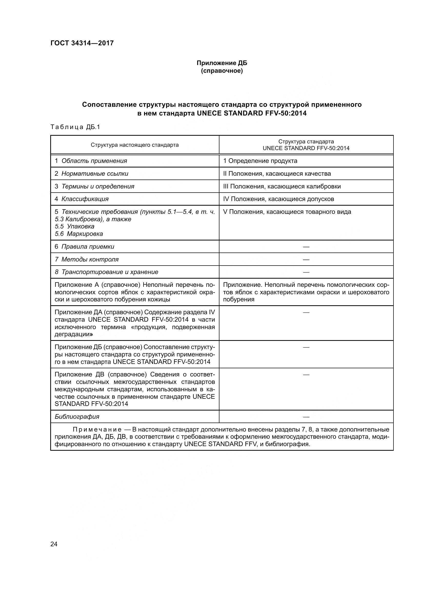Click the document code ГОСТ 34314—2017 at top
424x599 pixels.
click(82, 43)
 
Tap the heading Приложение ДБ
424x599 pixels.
click(222, 63)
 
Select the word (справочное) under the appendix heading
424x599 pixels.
click(222, 71)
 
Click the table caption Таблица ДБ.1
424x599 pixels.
click(75, 127)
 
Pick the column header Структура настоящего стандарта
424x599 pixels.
click(135, 145)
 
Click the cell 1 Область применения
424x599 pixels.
click(91, 161)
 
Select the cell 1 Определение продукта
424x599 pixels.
click(260, 161)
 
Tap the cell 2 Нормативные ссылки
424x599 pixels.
click(91, 173)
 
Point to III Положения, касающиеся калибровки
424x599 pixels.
click(282, 186)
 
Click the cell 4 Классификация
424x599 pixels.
click(82, 199)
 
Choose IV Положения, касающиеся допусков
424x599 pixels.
click(279, 199)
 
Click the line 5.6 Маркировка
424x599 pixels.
click(79, 234)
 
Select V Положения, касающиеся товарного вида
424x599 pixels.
click(287, 212)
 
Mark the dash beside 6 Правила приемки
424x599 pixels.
click(306, 247)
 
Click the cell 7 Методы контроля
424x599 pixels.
click(87, 259)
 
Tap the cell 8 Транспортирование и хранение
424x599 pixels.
click(107, 272)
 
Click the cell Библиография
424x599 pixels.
click(77, 417)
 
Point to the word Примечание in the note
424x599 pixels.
click(97, 429)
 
